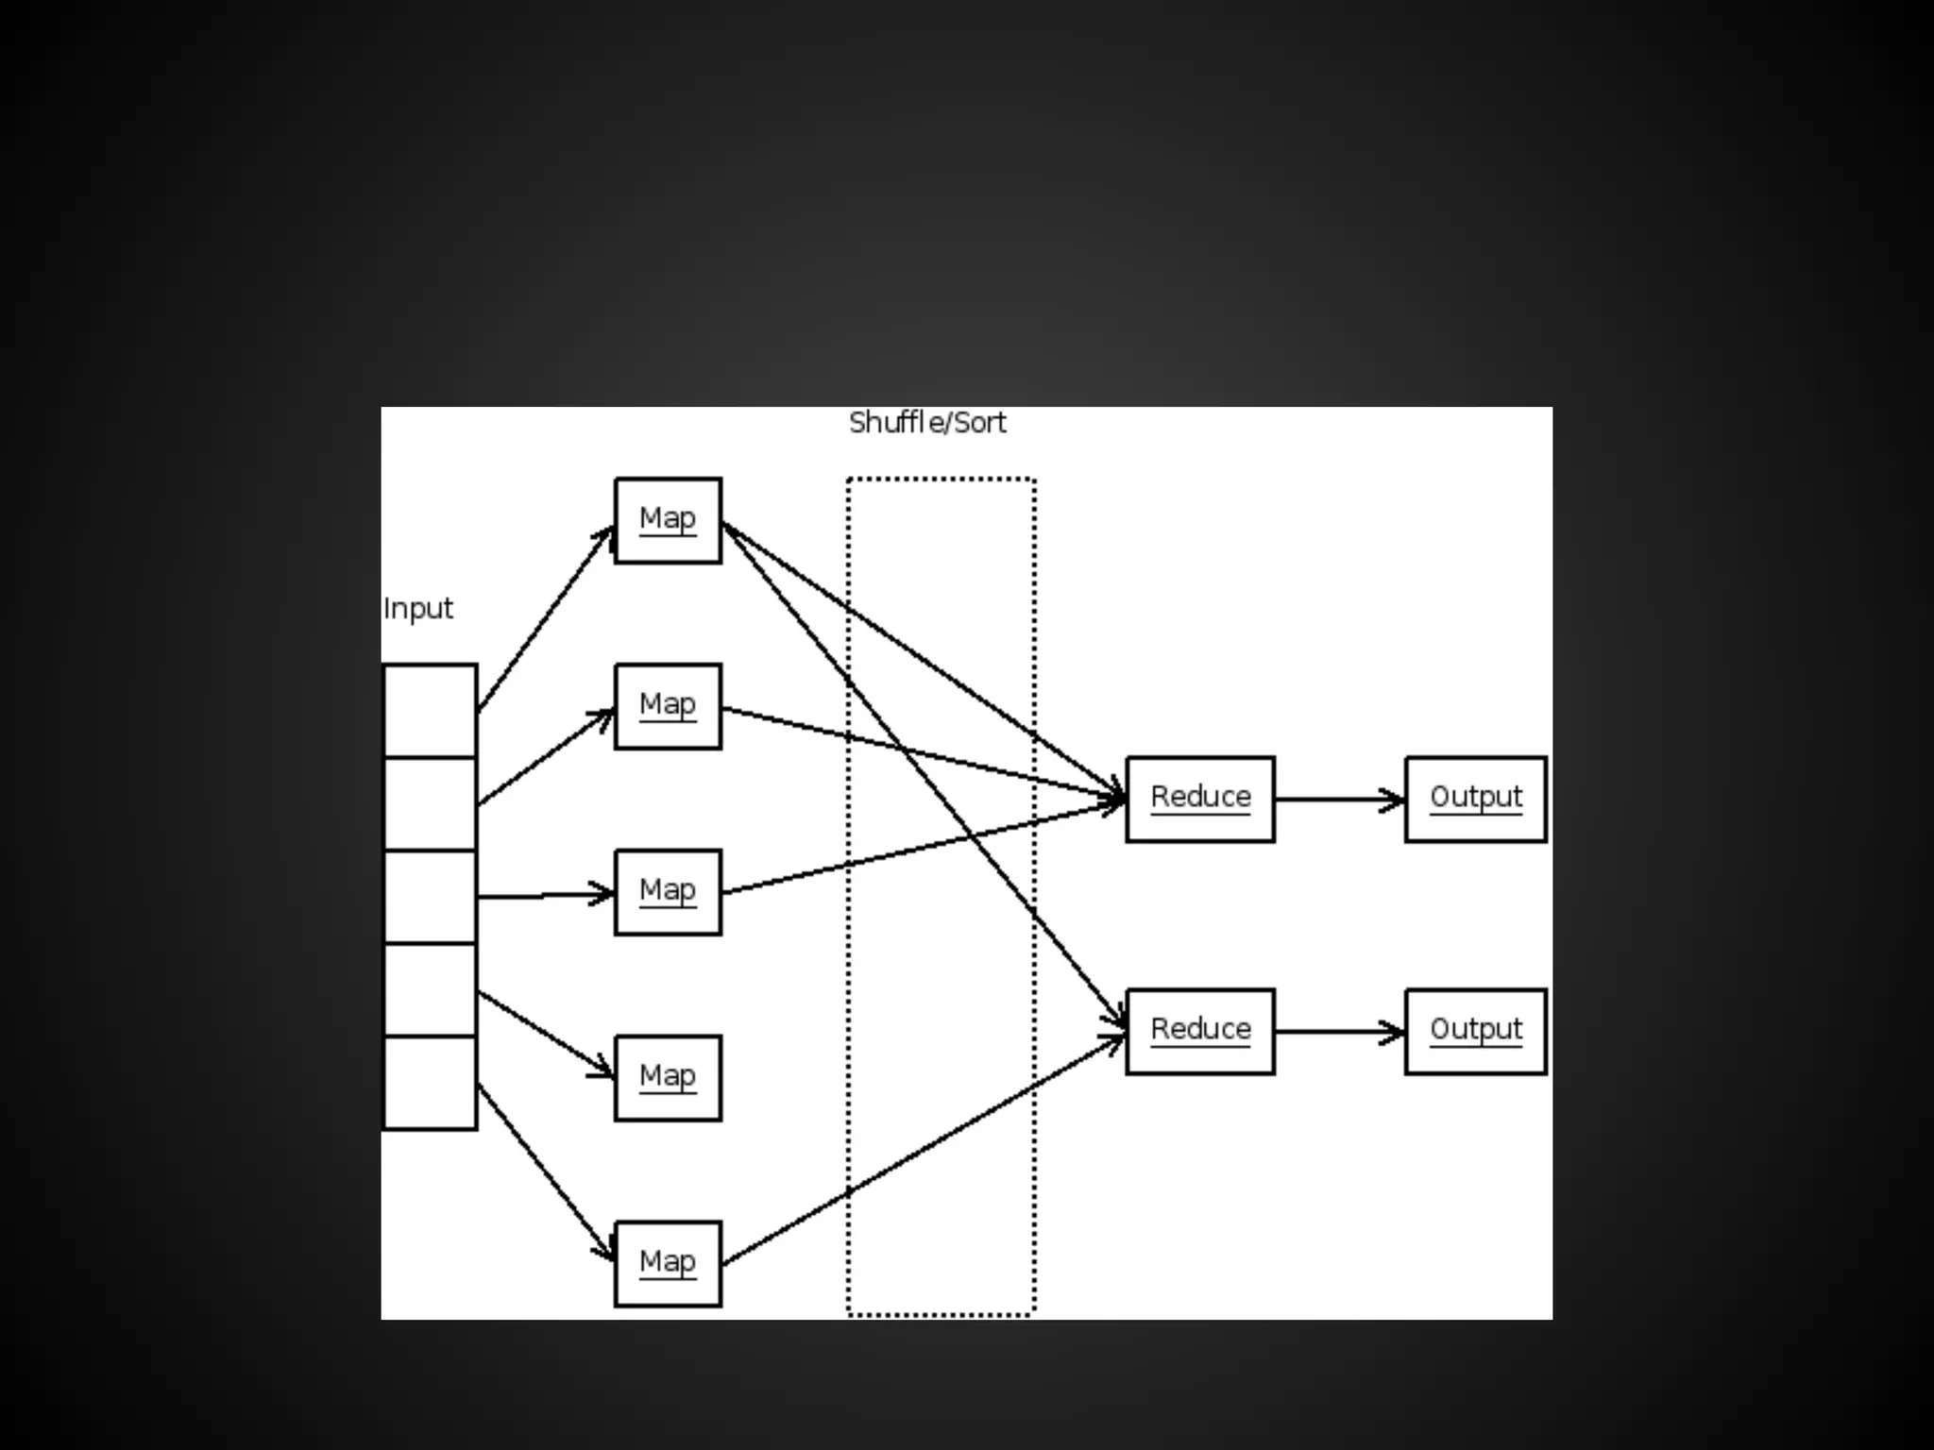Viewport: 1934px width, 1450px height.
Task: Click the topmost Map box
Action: click(x=668, y=520)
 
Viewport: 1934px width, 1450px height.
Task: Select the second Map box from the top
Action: click(x=668, y=706)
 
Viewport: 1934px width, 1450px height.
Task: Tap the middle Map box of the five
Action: click(x=668, y=892)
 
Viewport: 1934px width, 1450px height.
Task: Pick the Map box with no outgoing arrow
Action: click(x=668, y=1078)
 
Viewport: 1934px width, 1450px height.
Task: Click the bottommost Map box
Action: click(x=668, y=1264)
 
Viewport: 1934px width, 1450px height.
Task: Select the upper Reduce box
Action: click(x=1200, y=799)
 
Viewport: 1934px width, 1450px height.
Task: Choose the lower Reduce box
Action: click(x=1200, y=1031)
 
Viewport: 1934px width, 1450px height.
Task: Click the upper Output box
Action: click(x=1476, y=799)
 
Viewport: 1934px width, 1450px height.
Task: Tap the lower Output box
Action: click(x=1476, y=1031)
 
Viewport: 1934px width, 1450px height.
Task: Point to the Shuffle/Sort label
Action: click(x=927, y=423)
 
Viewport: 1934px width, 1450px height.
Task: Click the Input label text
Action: click(x=418, y=609)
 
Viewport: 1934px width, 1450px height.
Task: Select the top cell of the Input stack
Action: click(x=430, y=711)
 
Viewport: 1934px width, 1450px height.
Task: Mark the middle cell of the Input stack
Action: click(x=430, y=897)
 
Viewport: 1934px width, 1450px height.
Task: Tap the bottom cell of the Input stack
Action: click(x=430, y=1083)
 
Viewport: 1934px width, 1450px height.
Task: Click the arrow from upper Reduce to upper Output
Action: click(x=1339, y=800)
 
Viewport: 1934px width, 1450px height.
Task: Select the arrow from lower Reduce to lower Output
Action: click(x=1339, y=1032)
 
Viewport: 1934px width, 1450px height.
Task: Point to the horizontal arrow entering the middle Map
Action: click(x=546, y=895)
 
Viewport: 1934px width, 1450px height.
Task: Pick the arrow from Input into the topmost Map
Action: click(x=546, y=618)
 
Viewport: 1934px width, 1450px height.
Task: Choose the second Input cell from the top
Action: click(x=430, y=803)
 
